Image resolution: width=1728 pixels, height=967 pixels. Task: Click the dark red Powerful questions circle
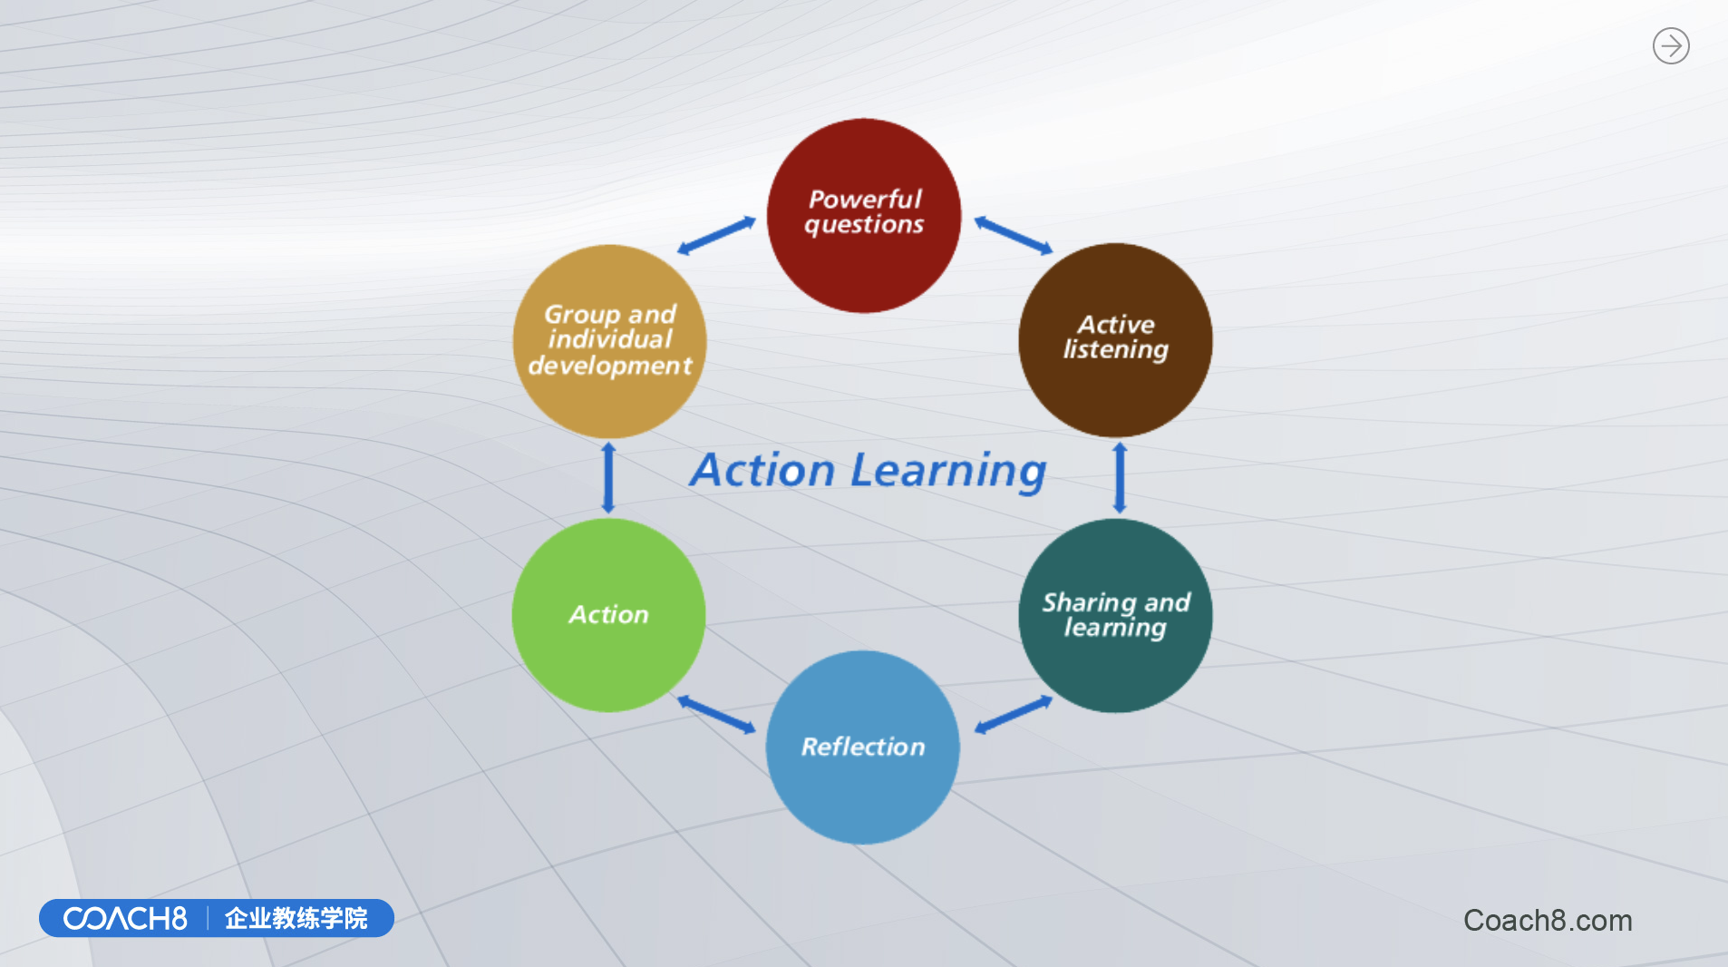tap(864, 216)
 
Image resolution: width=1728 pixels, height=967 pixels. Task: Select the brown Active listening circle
tap(1115, 340)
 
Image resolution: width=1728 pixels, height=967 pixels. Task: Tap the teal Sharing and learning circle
tap(1115, 615)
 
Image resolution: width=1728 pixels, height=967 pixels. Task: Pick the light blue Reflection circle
tap(863, 747)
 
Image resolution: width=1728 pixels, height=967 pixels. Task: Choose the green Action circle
tap(608, 615)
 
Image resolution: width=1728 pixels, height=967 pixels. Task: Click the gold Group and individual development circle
tap(609, 341)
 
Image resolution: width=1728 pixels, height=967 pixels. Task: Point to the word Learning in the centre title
tap(948, 472)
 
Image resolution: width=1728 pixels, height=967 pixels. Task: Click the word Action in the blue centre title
tap(763, 471)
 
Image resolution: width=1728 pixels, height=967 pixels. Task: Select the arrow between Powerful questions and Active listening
tap(1014, 235)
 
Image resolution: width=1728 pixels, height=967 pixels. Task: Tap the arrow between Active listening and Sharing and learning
tap(1120, 478)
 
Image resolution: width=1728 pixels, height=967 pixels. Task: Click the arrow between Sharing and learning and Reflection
tap(1014, 715)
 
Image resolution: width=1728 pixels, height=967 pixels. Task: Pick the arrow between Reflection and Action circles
tap(716, 715)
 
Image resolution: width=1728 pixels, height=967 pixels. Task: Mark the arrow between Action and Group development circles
tap(608, 478)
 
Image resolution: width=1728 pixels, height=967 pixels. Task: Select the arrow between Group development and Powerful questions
tap(716, 235)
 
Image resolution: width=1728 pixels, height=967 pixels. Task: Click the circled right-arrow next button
tap(1671, 45)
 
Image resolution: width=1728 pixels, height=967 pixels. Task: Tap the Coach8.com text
tap(1548, 921)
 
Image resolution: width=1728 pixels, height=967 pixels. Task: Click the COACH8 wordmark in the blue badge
tap(125, 919)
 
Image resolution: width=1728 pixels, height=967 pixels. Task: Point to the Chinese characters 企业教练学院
tap(296, 919)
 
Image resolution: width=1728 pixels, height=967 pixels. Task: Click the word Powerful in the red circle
tap(865, 199)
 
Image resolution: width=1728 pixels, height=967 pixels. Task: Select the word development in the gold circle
tap(610, 366)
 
